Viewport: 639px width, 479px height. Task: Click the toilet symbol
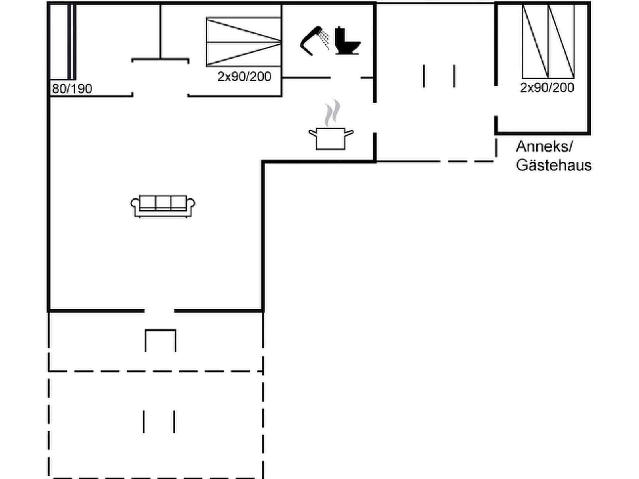(347, 40)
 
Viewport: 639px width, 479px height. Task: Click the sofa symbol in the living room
(163, 206)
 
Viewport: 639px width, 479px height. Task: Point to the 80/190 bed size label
(72, 89)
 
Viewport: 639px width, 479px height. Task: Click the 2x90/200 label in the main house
(244, 77)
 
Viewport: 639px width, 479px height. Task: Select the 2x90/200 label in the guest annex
(547, 87)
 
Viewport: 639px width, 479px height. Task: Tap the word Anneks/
(544, 146)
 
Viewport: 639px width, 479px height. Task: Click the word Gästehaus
(554, 165)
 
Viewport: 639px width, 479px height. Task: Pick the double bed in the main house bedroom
(244, 42)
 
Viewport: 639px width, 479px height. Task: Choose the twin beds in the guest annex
(548, 41)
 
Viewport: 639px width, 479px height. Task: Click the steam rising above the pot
(332, 113)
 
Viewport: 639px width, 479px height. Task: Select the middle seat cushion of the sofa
(163, 203)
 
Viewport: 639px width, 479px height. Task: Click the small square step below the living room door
(161, 340)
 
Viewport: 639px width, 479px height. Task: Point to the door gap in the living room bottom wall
(159, 311)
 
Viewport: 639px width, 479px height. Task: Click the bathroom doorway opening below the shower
(346, 78)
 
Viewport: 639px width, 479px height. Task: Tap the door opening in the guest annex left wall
(496, 101)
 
